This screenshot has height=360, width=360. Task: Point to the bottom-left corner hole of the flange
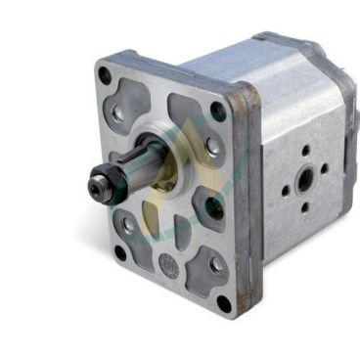coord(120,252)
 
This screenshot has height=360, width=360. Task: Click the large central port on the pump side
coord(306,179)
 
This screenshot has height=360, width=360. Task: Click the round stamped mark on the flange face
coord(167,265)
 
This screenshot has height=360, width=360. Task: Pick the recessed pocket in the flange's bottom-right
coord(208,262)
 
